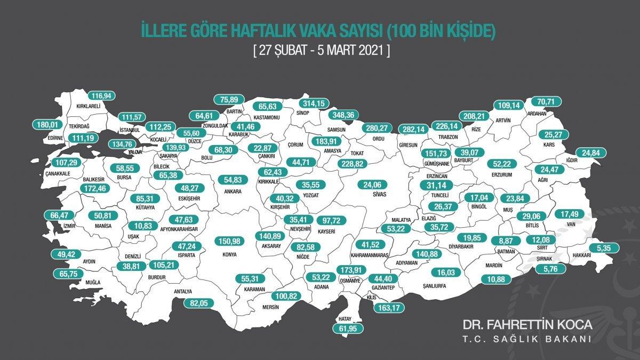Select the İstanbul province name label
[x=130, y=130]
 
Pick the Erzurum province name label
[x=502, y=174]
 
